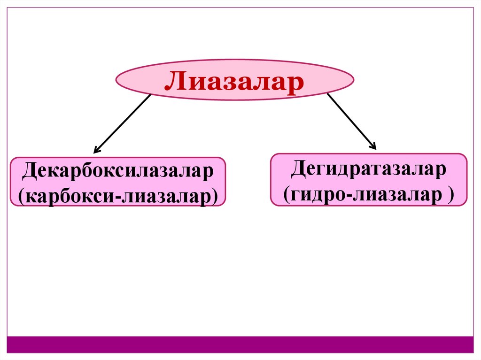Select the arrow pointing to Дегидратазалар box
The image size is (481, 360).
pyautogui.click(x=352, y=121)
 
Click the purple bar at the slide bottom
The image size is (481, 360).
pyautogui.click(x=240, y=344)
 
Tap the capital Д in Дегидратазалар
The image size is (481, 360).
pyautogui.click(x=298, y=169)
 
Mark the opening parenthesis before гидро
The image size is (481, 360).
pyautogui.click(x=286, y=193)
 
